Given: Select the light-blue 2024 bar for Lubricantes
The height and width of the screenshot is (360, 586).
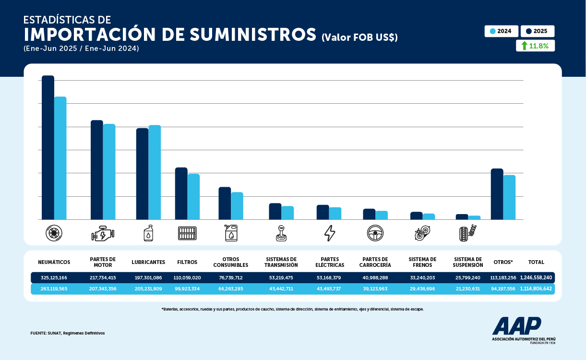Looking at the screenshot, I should pos(155,172).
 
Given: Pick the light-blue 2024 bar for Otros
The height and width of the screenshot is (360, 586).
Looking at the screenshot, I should pos(509,197).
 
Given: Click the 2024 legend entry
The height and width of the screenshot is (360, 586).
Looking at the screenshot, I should pos(501,31).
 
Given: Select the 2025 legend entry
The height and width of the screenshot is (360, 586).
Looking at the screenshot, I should pos(537,31).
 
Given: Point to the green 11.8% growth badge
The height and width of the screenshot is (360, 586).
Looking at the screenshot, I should pos(535,46).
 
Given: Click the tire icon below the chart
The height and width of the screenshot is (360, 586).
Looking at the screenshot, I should pos(54,233).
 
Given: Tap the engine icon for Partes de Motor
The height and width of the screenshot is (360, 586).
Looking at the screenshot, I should pos(103,233).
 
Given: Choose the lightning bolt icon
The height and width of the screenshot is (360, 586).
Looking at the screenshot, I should pos(330,233).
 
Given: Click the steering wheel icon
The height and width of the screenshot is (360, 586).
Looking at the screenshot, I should pos(375,233).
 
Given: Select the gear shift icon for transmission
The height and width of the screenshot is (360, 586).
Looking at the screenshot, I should pos(281,233).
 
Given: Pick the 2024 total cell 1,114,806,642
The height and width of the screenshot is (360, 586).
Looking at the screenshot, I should pos(536,289).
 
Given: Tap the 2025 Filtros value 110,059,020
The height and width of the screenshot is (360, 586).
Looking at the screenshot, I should pos(187,277).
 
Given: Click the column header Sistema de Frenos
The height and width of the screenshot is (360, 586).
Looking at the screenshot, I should pos(422,262).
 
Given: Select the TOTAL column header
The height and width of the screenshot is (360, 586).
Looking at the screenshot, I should pos(536,262).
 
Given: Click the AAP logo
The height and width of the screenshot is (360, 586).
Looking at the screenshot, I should pos(516,326).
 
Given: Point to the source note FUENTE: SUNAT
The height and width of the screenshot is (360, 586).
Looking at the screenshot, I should pos(67,333).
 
